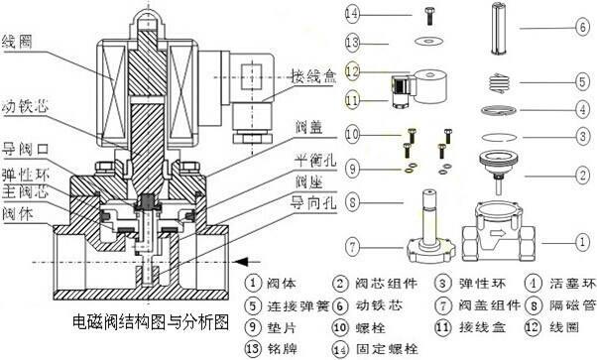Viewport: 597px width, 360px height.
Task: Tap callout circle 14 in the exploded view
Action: pos(351,14)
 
